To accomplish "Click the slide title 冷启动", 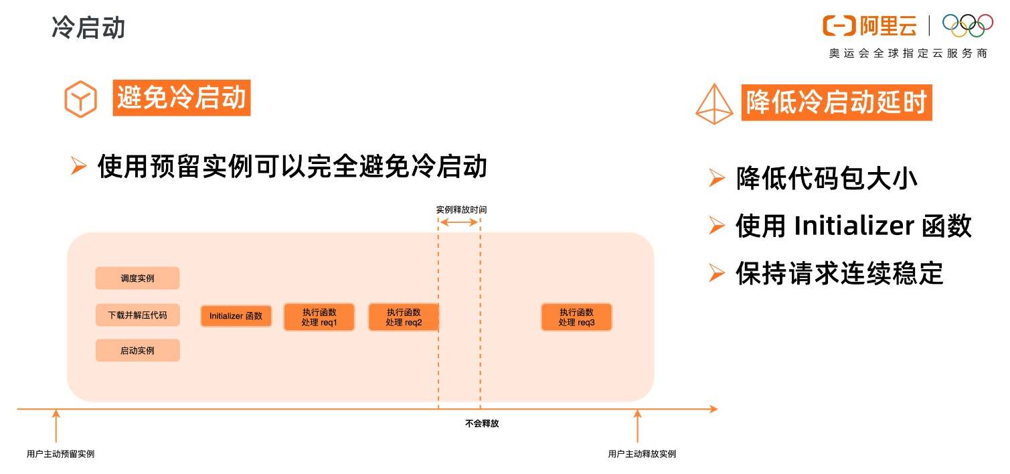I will pos(88,28).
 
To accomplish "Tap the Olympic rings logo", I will pos(967,25).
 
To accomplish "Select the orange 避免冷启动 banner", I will pos(181,98).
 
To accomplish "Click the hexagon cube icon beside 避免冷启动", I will pos(80,100).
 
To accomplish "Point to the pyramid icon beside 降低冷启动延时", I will pos(715,104).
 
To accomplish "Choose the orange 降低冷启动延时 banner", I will pos(836,103).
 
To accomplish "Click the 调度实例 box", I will pos(137,279).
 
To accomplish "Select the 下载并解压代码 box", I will pos(137,315).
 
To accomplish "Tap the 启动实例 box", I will pos(137,351).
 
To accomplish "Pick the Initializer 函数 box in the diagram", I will pos(236,316).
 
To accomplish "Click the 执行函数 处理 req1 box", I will pos(319,317).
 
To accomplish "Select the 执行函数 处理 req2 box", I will pos(404,317).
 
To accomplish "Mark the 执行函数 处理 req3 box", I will pos(576,317).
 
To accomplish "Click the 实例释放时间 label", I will pos(461,210).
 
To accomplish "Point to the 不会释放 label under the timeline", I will pos(482,424).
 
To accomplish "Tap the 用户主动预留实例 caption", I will pos(60,454).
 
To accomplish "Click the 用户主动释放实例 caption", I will pos(642,454).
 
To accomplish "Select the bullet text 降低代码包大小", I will pos(826,179).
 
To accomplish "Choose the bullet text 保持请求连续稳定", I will pos(839,274).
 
